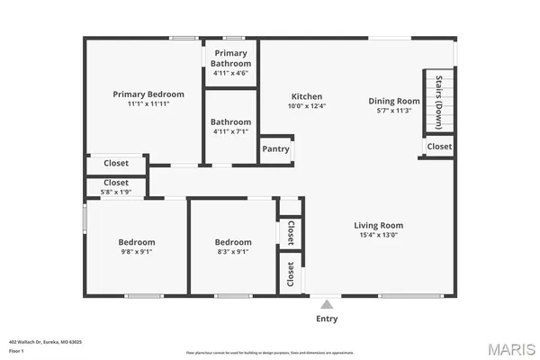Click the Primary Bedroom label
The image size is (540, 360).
[x=148, y=94]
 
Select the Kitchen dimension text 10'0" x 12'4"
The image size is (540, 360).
[x=306, y=107]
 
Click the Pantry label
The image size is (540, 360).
[x=275, y=149]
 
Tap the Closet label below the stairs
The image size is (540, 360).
[x=439, y=146]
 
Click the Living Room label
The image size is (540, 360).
[x=377, y=225]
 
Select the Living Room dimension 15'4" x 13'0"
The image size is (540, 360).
[x=377, y=236]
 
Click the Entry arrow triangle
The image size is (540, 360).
[x=326, y=305]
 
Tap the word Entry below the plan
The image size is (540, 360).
[x=327, y=319]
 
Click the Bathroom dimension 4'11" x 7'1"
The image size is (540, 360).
[x=230, y=132]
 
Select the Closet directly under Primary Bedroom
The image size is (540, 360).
[x=116, y=164]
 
